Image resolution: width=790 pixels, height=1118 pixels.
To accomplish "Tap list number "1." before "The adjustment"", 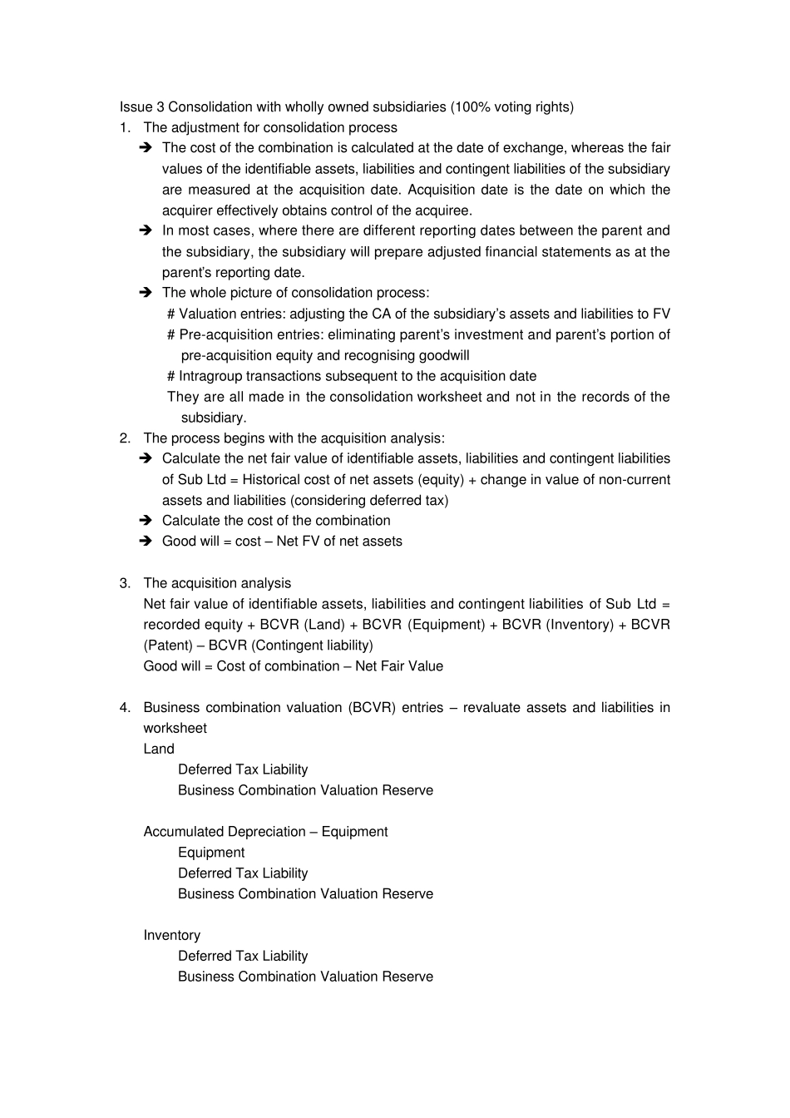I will click(125, 128).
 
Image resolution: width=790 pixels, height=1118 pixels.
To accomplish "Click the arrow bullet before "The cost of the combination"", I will click(146, 148).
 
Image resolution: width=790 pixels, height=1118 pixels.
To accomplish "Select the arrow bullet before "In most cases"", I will click(146, 230).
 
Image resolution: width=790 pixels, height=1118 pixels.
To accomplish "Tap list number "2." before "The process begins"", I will click(125, 438).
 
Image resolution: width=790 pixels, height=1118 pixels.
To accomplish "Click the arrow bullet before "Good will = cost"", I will click(146, 542).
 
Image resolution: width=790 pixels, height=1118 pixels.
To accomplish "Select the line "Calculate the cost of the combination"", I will click(276, 521).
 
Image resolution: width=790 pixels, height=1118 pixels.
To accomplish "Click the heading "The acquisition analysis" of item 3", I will click(217, 583).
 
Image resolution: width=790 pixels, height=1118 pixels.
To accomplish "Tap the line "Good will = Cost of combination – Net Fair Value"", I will click(293, 666).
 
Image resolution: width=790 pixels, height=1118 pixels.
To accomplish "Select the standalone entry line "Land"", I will click(159, 749).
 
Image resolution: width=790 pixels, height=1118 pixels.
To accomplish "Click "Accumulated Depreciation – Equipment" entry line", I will click(265, 832).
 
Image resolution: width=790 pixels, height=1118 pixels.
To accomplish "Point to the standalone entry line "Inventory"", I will click(171, 936).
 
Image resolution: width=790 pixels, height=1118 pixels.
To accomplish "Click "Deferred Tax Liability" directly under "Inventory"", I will click(243, 957).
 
